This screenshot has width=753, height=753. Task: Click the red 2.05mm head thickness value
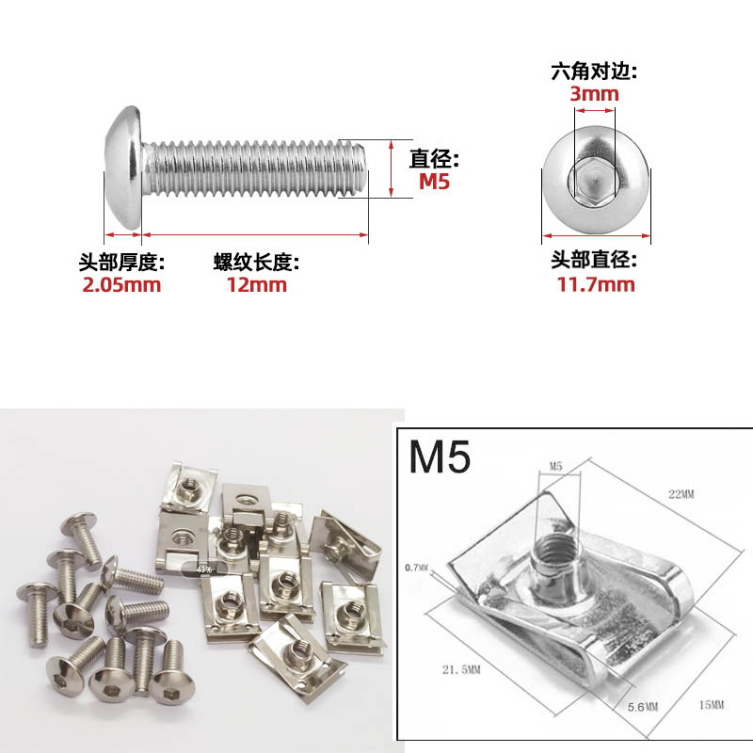pos(121,284)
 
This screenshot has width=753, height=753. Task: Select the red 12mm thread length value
pos(256,284)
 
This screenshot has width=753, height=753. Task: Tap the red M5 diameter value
pos(434,182)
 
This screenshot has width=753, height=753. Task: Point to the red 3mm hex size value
pos(594,93)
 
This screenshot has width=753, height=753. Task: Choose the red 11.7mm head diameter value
pos(594,284)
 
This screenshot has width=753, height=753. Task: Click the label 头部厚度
pos(121,262)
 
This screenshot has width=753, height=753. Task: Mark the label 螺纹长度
pos(256,262)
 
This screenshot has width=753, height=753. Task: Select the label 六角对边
pos(594,71)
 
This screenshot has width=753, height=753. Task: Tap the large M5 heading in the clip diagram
pos(441,457)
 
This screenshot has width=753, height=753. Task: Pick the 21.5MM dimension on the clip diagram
pos(461,669)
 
